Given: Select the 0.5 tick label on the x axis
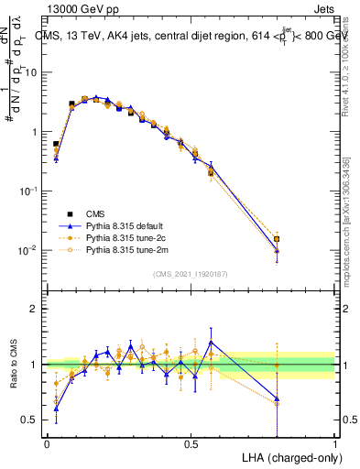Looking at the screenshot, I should click(191, 443).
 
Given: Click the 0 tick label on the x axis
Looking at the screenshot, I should click(47, 443).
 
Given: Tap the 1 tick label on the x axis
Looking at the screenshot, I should click(335, 443).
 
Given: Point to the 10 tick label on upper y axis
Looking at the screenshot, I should click(31, 72).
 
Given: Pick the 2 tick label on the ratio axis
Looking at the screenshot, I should click(35, 309).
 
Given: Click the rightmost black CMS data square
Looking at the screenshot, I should click(277, 239).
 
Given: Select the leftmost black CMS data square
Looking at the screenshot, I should click(56, 144).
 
